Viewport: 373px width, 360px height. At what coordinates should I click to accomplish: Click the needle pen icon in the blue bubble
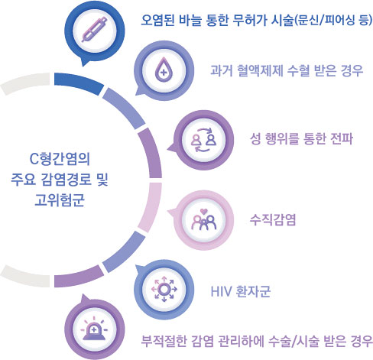(95, 30)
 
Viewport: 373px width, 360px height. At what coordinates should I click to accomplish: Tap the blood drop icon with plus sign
(164, 70)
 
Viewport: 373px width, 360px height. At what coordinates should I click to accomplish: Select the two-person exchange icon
(203, 140)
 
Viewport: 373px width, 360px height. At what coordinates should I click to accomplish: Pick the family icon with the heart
(203, 220)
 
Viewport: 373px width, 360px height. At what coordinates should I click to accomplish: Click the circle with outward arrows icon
(164, 289)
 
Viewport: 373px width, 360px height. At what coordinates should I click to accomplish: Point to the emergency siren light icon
(94, 329)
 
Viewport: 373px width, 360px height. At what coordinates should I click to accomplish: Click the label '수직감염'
(273, 219)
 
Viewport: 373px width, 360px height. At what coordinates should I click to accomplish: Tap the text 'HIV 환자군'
(241, 291)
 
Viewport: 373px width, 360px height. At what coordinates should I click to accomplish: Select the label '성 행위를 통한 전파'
(301, 139)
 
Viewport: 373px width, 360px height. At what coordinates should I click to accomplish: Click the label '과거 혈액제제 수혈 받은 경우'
(287, 70)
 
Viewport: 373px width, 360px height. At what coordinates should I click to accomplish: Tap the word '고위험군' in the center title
(60, 199)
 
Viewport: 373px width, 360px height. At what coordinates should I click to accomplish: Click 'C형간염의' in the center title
(60, 159)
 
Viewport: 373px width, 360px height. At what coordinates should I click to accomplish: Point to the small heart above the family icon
(204, 211)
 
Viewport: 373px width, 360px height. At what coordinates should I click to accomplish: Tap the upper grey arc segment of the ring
(24, 82)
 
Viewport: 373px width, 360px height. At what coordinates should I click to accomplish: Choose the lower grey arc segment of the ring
(24, 277)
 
